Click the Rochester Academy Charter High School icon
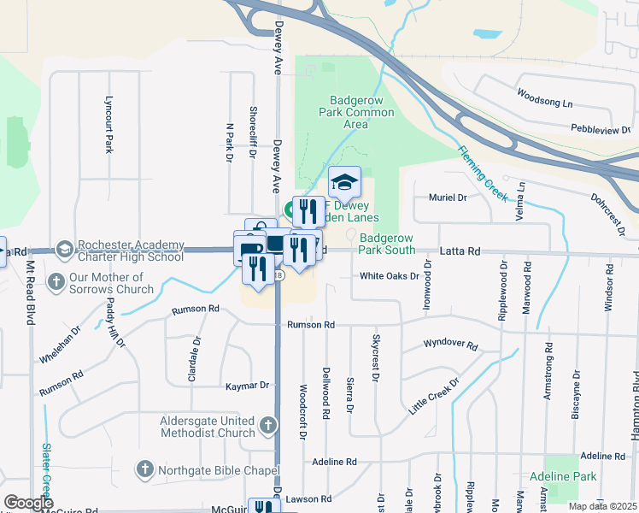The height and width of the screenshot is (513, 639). tap(64, 250)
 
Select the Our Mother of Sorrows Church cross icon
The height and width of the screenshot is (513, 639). tap(56, 281)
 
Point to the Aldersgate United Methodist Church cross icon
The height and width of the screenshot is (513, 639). tap(268, 425)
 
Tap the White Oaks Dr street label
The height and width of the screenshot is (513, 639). tap(389, 276)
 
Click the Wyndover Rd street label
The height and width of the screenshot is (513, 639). tap(451, 345)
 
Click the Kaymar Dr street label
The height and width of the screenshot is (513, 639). tap(247, 386)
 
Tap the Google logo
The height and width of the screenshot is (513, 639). tap(29, 503)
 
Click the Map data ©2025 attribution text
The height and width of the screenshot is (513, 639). tap(603, 506)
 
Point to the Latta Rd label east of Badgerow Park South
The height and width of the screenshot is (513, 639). tap(461, 251)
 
